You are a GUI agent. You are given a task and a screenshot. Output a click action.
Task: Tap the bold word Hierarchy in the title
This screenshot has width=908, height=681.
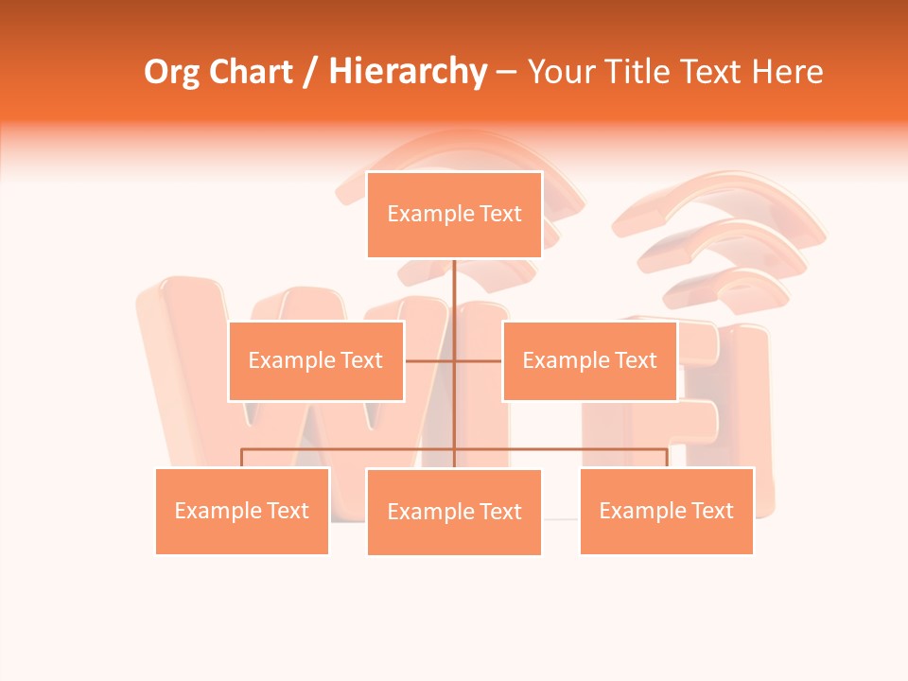pos(407,72)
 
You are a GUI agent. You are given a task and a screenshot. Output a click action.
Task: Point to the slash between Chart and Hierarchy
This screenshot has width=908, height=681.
pos(310,72)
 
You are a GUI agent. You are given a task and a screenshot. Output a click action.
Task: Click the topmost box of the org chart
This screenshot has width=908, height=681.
pos(454,215)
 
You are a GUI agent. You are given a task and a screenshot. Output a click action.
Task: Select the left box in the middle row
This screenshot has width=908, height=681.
pos(316,360)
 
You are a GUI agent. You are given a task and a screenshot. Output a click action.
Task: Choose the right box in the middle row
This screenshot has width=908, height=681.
pos(589,360)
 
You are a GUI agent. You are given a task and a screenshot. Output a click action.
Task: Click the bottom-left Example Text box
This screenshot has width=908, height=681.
pos(242,511)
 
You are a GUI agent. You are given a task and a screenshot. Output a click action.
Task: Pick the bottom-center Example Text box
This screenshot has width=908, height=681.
pos(454,512)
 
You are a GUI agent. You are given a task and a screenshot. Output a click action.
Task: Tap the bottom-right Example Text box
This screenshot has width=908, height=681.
pos(667,511)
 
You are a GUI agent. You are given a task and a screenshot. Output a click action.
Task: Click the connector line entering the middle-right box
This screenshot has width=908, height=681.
pos(480,360)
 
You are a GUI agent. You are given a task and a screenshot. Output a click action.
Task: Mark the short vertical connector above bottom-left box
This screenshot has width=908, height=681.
pos(242,458)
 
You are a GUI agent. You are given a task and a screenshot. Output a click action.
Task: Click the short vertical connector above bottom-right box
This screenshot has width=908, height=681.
pos(667,458)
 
